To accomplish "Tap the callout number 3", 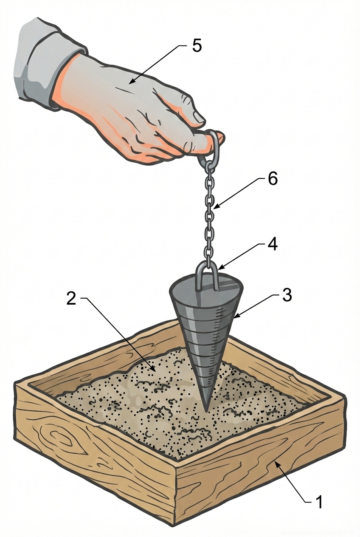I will click(x=287, y=295).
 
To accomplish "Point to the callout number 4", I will click(x=272, y=244).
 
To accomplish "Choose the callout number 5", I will click(x=197, y=46).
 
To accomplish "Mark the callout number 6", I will click(x=272, y=179).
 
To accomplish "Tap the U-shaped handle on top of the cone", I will click(x=207, y=274).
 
